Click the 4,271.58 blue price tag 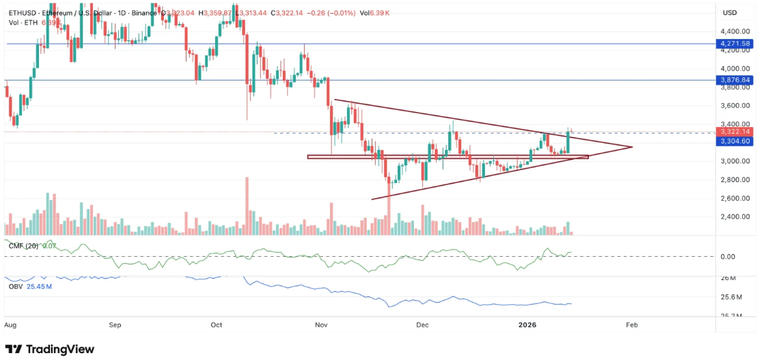734,44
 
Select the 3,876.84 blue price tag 734,80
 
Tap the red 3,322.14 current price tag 734,131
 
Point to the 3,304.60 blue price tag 734,141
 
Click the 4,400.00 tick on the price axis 735,31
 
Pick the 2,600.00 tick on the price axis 735,198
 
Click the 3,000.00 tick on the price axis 735,161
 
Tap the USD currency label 730,13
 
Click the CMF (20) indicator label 23,245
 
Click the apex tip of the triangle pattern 632,147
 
